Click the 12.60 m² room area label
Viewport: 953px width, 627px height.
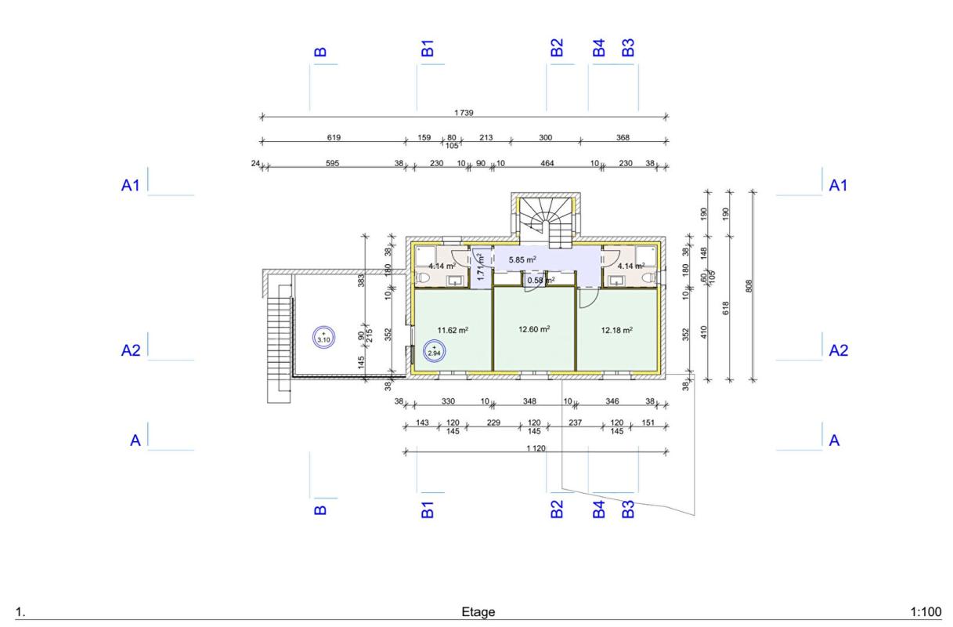click(534, 329)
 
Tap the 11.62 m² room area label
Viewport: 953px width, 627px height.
click(453, 330)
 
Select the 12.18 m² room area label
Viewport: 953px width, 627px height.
click(616, 330)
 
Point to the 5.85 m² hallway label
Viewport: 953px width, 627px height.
click(522, 259)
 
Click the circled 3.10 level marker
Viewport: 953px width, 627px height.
click(323, 337)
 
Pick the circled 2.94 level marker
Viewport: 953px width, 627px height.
click(434, 351)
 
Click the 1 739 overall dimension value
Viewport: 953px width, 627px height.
click(464, 113)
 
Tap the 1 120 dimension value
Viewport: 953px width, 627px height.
click(536, 448)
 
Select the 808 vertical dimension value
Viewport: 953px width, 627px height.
click(749, 286)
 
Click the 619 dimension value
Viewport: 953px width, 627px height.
click(334, 138)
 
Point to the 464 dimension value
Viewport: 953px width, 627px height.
click(547, 163)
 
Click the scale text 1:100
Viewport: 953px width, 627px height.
click(926, 612)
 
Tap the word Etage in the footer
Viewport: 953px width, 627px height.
click(478, 612)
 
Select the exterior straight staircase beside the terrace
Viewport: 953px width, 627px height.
click(279, 344)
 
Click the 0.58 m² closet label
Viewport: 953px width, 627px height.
click(541, 281)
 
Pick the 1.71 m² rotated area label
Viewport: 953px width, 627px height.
click(481, 267)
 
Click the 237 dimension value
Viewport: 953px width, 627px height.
click(576, 422)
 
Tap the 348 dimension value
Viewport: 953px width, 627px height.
click(529, 401)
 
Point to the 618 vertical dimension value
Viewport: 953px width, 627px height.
click(726, 308)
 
